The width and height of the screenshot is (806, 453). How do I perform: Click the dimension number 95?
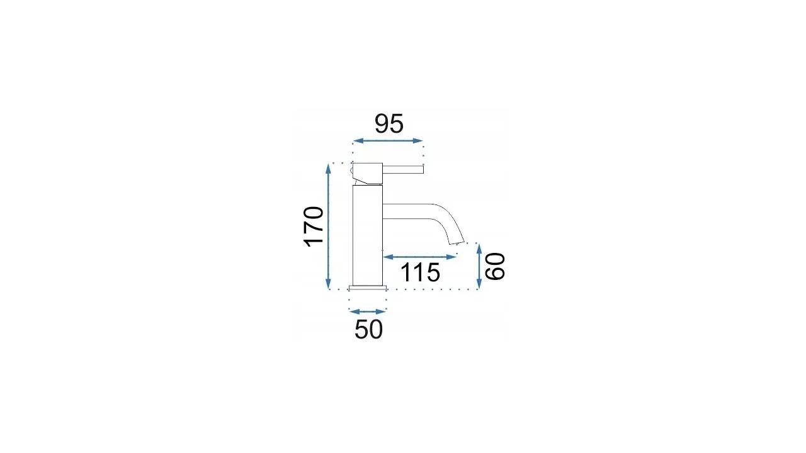tap(389, 124)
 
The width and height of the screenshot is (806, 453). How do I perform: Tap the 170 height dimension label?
tap(314, 227)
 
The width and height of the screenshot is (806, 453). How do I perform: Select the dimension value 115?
tap(420, 272)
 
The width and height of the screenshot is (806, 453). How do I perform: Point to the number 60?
tap(495, 266)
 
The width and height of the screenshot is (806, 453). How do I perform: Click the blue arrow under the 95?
tap(388, 140)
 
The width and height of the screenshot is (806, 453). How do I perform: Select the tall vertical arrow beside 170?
tap(328, 226)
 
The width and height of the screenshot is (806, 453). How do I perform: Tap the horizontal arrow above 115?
tap(419, 257)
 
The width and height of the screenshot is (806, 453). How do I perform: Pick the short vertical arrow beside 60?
tap(479, 266)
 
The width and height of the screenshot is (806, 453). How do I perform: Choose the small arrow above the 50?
tap(368, 311)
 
